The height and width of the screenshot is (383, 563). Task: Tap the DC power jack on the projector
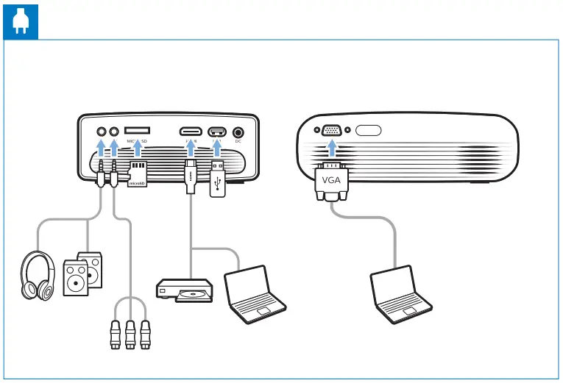click(x=238, y=133)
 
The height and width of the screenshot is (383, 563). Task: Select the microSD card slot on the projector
click(x=138, y=131)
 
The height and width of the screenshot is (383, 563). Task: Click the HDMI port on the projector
click(x=189, y=132)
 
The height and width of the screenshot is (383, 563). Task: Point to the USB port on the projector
click(x=218, y=132)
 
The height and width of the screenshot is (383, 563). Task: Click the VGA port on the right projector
click(x=331, y=132)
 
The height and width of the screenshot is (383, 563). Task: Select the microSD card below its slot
click(x=138, y=175)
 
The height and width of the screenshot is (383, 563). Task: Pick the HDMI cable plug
click(x=189, y=176)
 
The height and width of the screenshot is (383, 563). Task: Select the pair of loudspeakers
click(x=82, y=273)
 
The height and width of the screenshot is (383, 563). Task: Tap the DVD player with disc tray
click(x=185, y=290)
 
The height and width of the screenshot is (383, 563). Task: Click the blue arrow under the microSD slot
click(x=138, y=149)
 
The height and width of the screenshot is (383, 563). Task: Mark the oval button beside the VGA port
click(x=368, y=132)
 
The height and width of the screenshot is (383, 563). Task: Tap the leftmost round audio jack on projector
click(x=101, y=132)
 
